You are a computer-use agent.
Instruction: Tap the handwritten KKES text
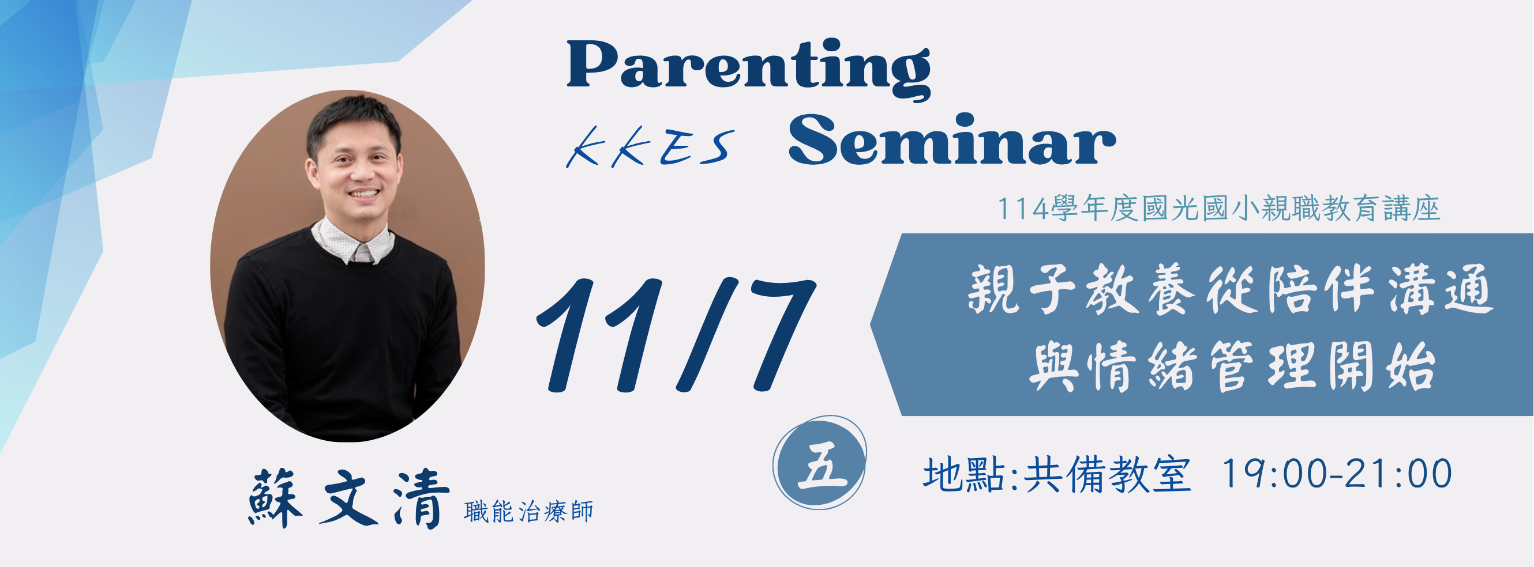pyautogui.click(x=650, y=148)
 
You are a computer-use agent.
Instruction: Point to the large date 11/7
pyautogui.click(x=676, y=335)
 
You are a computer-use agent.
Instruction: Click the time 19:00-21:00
pyautogui.click(x=1336, y=474)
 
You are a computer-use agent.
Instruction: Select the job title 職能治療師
pyautogui.click(x=528, y=512)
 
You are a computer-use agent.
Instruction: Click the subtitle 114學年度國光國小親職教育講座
pyautogui.click(x=1218, y=209)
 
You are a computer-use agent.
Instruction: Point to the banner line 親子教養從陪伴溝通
pyautogui.click(x=1232, y=290)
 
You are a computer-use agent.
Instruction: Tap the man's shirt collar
pyautogui.click(x=352, y=241)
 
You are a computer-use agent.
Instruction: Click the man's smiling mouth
pyautogui.click(x=363, y=195)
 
